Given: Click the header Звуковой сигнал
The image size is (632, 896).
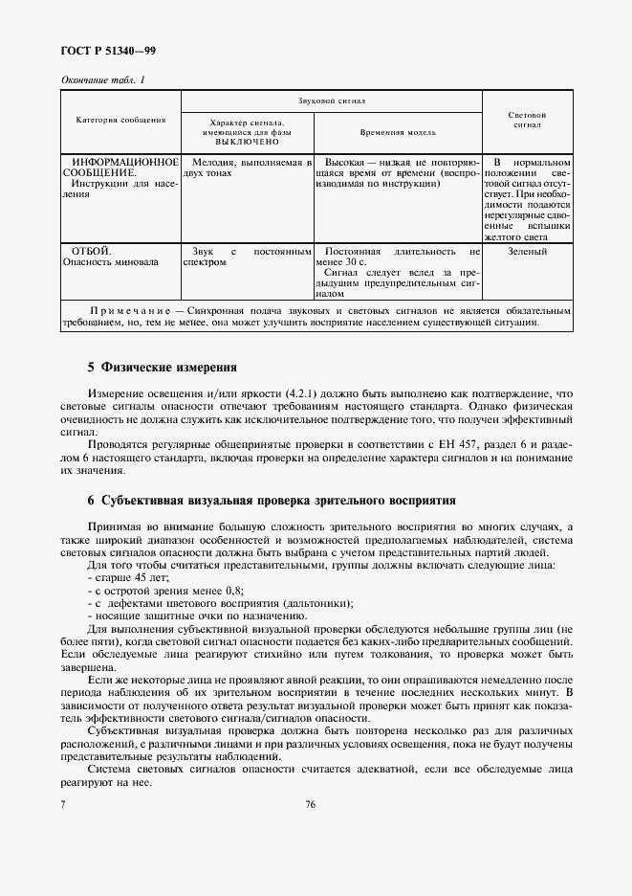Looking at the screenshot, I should pyautogui.click(x=331, y=100).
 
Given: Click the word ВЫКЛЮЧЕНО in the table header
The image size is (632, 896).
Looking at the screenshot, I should pyautogui.click(x=247, y=141).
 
